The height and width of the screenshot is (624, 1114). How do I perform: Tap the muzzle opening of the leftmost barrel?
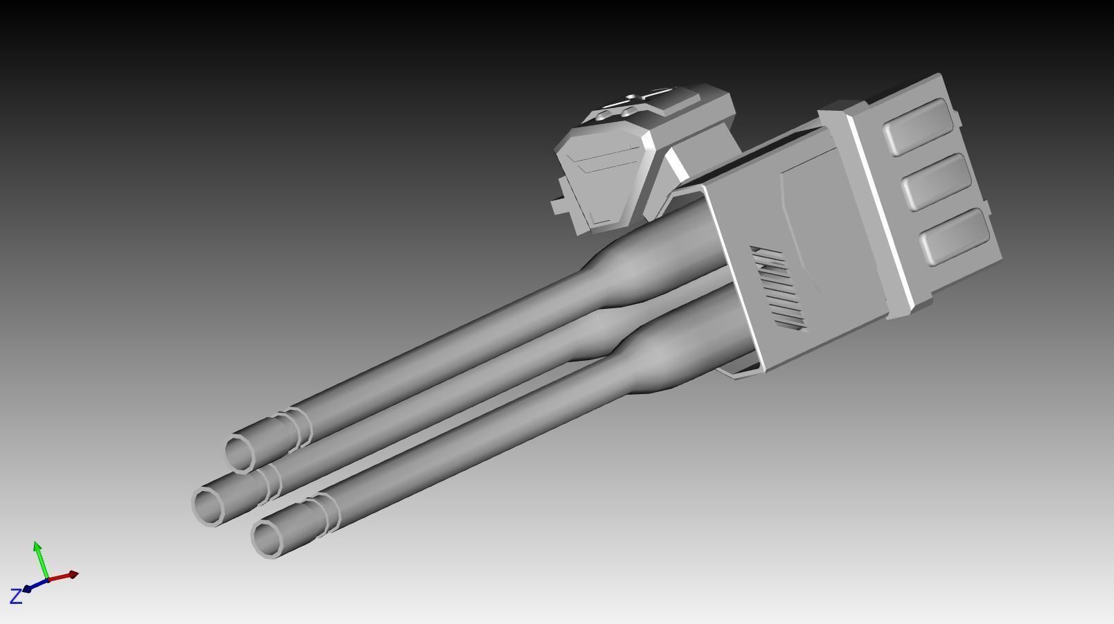point(207,506)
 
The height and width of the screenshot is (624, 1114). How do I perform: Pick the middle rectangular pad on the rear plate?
point(937,181)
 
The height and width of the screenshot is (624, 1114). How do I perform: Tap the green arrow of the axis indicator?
point(39,558)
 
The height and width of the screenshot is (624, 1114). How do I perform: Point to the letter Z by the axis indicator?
point(15,596)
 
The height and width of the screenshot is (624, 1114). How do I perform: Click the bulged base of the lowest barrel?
point(658,360)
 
